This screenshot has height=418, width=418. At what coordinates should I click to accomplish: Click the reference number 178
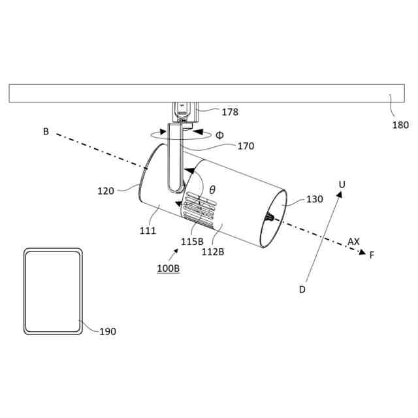pyautogui.click(x=229, y=112)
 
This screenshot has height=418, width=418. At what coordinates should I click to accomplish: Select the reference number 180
pyautogui.click(x=400, y=125)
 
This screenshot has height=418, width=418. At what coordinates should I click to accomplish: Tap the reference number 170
pyautogui.click(x=246, y=146)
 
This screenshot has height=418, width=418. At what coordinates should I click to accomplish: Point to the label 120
pyautogui.click(x=106, y=191)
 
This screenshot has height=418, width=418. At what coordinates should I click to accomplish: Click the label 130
pyautogui.click(x=314, y=199)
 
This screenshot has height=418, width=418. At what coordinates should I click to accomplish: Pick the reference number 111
pyautogui.click(x=148, y=231)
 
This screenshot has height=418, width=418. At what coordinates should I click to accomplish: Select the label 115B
pyautogui.click(x=192, y=240)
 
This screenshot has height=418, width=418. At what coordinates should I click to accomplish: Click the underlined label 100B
pyautogui.click(x=168, y=269)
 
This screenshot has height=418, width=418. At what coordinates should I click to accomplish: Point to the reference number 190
pyautogui.click(x=108, y=332)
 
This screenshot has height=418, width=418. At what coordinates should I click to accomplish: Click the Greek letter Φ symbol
pyautogui.click(x=219, y=135)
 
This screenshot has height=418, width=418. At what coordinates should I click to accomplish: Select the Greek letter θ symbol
pyautogui.click(x=212, y=189)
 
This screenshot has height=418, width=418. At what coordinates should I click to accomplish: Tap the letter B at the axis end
pyautogui.click(x=46, y=131)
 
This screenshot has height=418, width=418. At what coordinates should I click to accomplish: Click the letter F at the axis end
pyautogui.click(x=372, y=255)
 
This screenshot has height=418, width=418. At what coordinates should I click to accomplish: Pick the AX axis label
pyautogui.click(x=353, y=242)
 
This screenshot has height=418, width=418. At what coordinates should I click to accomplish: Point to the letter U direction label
pyautogui.click(x=341, y=185)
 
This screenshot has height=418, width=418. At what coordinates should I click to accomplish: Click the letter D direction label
pyautogui.click(x=302, y=289)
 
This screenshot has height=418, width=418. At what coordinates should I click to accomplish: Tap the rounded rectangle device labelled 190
pyautogui.click(x=53, y=291)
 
